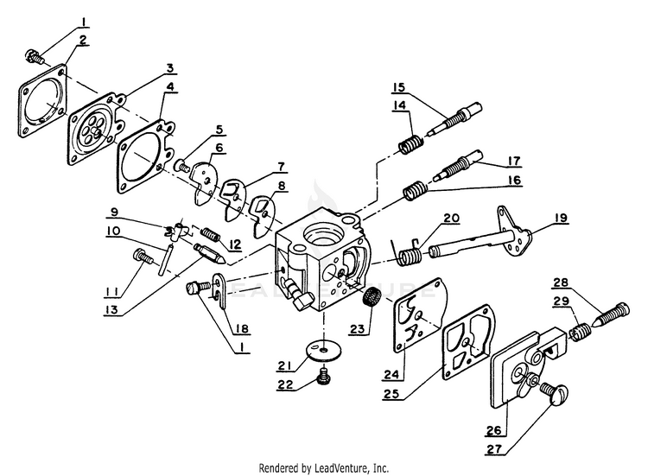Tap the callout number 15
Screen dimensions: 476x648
coord(398,87)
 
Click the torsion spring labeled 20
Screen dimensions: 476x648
coord(411,253)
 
